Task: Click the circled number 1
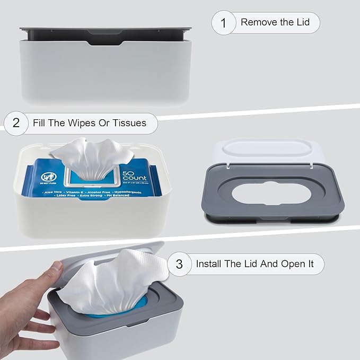tap(223, 23)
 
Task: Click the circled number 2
tap(16, 123)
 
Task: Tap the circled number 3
tap(179, 264)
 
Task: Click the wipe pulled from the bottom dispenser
tap(106, 281)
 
